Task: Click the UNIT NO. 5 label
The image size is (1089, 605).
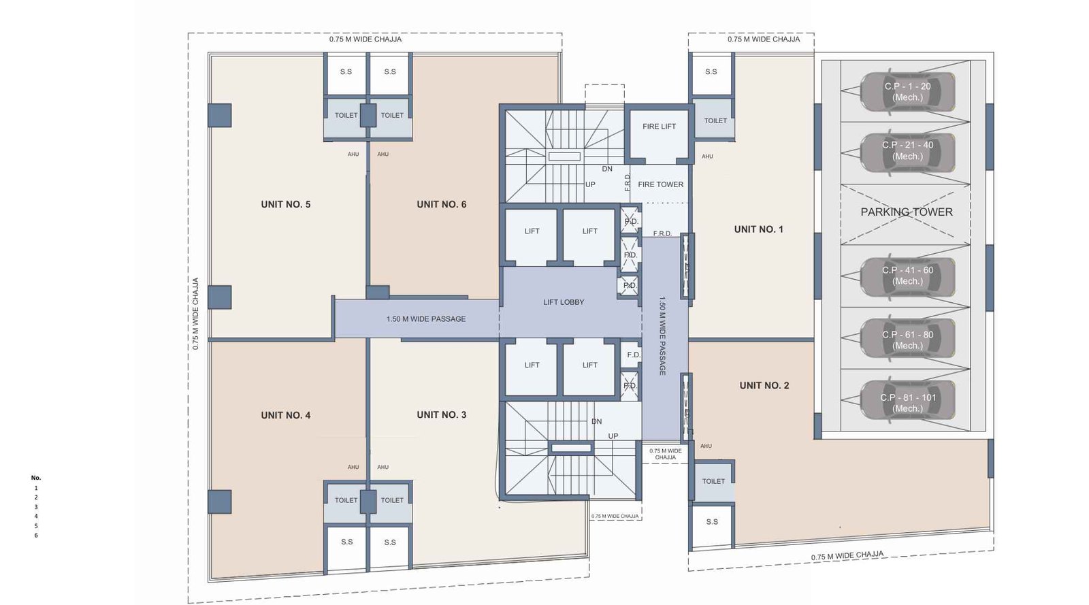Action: click(285, 204)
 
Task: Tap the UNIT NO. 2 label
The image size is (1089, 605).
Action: click(764, 385)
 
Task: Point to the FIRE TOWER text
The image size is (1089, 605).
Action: click(660, 184)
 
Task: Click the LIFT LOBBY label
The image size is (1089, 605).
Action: click(564, 302)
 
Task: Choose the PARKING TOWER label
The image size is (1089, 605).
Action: click(906, 212)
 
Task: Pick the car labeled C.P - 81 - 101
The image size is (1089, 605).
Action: click(907, 403)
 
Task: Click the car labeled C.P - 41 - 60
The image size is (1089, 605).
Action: click(907, 276)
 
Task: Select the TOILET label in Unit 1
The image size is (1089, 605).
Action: click(715, 120)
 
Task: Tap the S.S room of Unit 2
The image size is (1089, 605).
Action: click(712, 522)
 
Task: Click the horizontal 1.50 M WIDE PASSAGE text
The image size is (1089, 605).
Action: click(426, 318)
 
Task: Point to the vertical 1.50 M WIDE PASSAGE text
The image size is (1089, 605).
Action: click(662, 336)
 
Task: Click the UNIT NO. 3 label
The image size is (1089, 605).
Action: click(441, 414)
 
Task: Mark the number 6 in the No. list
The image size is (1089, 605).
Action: click(36, 536)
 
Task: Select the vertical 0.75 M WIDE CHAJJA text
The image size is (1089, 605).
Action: click(195, 314)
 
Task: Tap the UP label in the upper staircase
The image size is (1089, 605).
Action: click(590, 184)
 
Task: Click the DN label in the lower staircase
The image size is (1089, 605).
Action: click(596, 421)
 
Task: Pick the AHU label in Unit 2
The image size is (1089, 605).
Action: click(706, 446)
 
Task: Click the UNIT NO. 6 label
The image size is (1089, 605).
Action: click(441, 204)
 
